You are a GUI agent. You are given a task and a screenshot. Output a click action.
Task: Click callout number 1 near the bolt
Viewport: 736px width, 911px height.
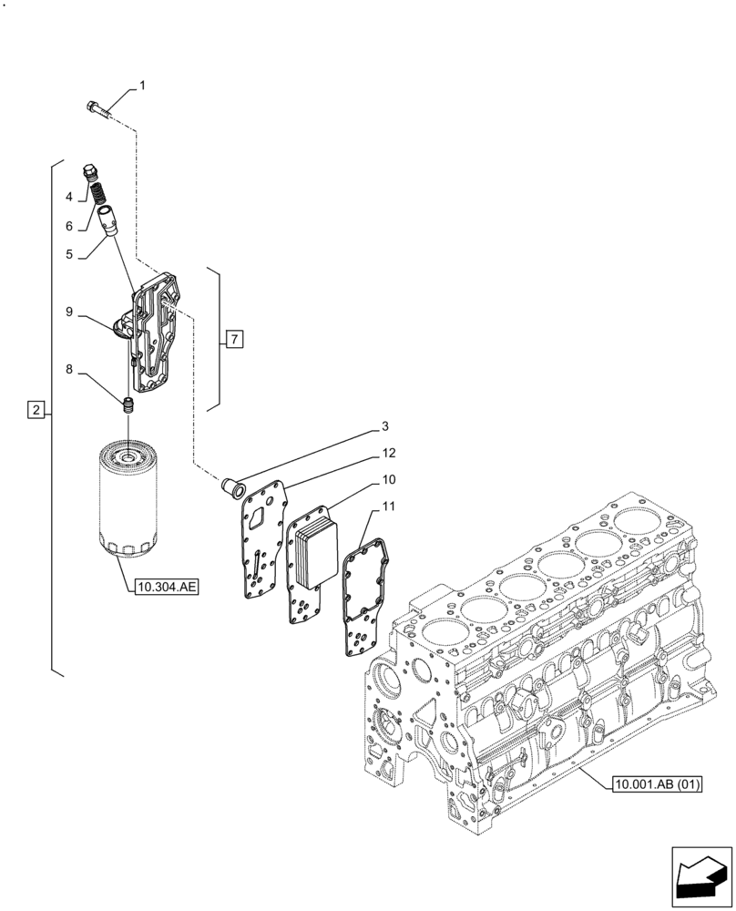[x=142, y=86]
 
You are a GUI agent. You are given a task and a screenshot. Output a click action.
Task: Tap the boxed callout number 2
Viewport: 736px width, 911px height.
[x=35, y=410]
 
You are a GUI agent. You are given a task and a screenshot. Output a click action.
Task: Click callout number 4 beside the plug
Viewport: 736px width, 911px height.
[x=68, y=197]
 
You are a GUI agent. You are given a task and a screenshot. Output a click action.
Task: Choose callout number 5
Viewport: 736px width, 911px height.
[x=68, y=257]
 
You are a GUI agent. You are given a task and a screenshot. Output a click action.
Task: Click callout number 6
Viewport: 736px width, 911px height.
[x=68, y=226]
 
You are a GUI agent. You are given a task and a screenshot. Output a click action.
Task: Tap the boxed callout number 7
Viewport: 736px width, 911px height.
[x=234, y=340]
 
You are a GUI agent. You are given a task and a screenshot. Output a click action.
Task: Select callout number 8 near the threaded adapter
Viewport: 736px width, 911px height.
[x=68, y=371]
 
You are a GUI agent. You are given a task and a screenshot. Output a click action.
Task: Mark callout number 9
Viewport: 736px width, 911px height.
[x=68, y=311]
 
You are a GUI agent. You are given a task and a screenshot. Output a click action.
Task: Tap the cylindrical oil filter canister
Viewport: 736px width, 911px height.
[x=128, y=496]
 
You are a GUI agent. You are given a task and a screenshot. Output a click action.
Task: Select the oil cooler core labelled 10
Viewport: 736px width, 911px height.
[x=312, y=552]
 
